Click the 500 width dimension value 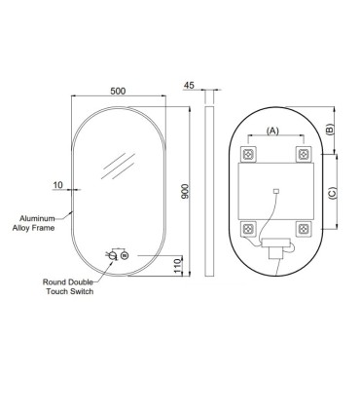(x=118, y=91)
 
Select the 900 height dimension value (x=184, y=192)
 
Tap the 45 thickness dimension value (x=189, y=85)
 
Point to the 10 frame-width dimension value (x=57, y=185)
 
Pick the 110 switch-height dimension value (x=177, y=267)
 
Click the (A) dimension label (x=272, y=131)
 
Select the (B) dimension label (x=330, y=130)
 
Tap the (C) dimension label (x=333, y=193)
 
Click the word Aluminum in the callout (x=37, y=218)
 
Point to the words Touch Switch (x=70, y=291)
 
